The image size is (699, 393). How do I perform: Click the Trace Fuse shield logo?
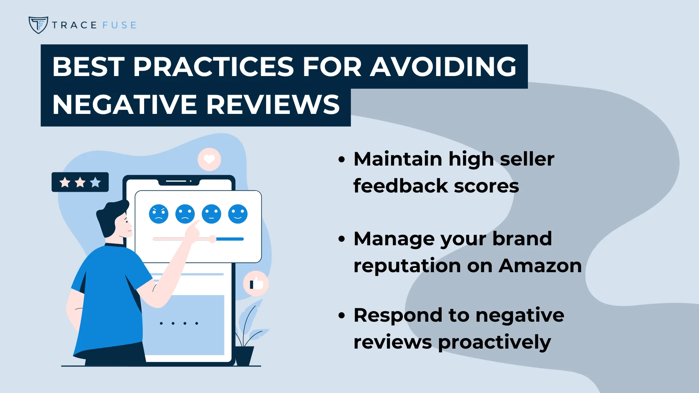coord(38,25)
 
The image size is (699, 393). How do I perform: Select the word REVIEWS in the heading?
coord(273,104)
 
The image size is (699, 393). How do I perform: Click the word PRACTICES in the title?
coord(213,67)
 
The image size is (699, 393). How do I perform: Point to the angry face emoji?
coord(159,214)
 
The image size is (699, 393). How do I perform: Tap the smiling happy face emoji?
coord(238,214)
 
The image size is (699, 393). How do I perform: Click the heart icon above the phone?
coord(209,159)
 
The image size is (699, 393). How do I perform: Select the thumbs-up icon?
coord(256,283)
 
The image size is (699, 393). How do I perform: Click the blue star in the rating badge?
coord(95,182)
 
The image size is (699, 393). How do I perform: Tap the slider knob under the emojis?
coord(213,239)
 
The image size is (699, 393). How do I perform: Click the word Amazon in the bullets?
coord(540,266)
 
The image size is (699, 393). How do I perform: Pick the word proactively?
coord(494,343)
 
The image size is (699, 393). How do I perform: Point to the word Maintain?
coord(398,159)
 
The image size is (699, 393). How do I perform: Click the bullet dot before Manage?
coord(341,239)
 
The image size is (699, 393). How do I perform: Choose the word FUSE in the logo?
coord(119,25)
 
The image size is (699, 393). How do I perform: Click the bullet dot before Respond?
coord(341,315)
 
